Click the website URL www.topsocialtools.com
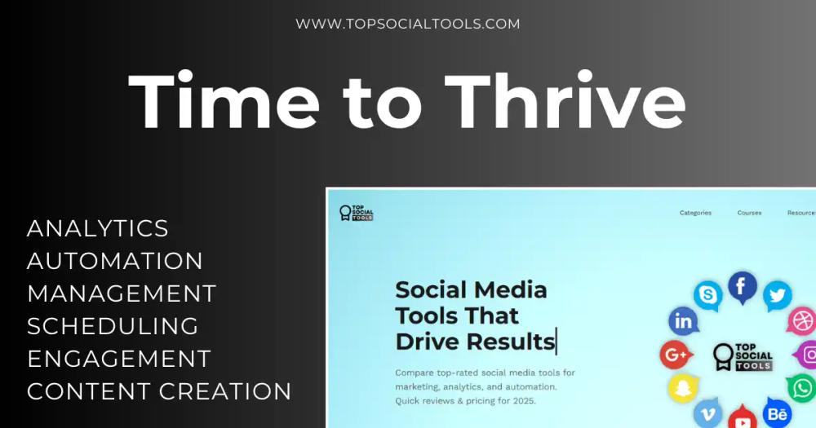[407, 24]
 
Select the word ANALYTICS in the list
[98, 228]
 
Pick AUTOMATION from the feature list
[115, 261]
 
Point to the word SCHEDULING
[113, 326]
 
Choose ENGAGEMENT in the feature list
[119, 359]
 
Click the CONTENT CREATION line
[159, 391]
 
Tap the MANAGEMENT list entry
[122, 293]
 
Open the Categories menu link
[695, 213]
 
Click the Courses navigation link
[749, 213]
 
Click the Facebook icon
[742, 287]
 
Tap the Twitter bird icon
[778, 295]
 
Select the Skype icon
[707, 295]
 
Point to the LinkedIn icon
[684, 322]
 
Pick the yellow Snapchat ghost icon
[684, 388]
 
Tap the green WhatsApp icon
[802, 387]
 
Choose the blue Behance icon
[777, 413]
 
